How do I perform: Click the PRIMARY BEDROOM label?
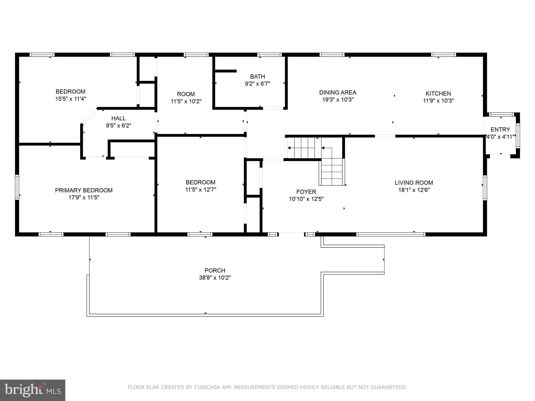pyautogui.click(x=84, y=190)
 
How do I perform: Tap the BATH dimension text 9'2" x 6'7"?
pyautogui.click(x=257, y=84)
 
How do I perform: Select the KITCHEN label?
pyautogui.click(x=438, y=93)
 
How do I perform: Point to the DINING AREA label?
pyautogui.click(x=338, y=92)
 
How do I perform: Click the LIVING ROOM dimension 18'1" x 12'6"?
pyautogui.click(x=414, y=190)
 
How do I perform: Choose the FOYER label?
pyautogui.click(x=306, y=192)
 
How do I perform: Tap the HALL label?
pyautogui.click(x=118, y=118)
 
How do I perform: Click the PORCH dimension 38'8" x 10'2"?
pyautogui.click(x=215, y=278)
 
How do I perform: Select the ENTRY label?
pyautogui.click(x=500, y=129)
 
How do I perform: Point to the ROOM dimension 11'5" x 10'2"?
pyautogui.click(x=186, y=101)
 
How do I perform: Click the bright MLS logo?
pyautogui.click(x=33, y=390)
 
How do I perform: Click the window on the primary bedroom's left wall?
pyautogui.click(x=17, y=187)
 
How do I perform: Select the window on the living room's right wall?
pyautogui.click(x=485, y=188)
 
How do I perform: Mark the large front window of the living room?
pyautogui.click(x=391, y=234)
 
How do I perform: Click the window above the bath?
pyautogui.click(x=269, y=55)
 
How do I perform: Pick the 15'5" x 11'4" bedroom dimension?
pyautogui.click(x=71, y=99)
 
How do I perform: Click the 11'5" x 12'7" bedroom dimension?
pyautogui.click(x=201, y=190)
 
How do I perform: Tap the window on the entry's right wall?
pyautogui.click(x=518, y=135)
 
